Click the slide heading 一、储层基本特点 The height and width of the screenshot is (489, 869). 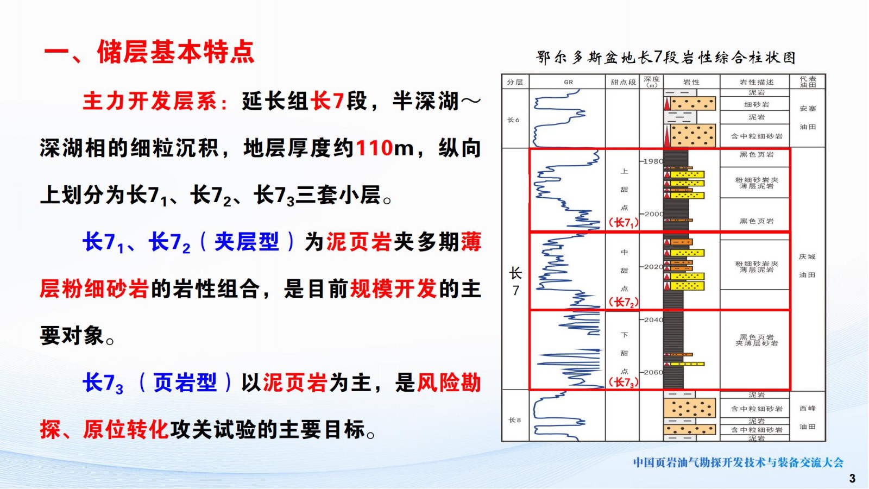tap(149, 51)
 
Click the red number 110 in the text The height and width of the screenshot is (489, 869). tap(374, 148)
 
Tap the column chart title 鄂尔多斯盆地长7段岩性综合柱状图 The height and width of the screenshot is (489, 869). tap(666, 58)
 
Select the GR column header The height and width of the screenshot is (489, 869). tap(568, 82)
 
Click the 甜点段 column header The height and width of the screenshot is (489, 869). tap(623, 82)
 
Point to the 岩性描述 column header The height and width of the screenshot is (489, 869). tap(756, 82)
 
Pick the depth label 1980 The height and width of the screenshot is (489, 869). tap(653, 161)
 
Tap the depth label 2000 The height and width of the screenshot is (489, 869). tap(653, 214)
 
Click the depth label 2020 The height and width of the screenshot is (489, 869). tap(653, 267)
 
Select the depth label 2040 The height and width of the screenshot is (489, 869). tap(653, 320)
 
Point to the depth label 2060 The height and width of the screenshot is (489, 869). tap(653, 372)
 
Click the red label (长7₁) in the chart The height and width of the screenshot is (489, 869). tap(623, 223)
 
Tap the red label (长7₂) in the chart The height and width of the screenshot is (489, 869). tap(623, 302)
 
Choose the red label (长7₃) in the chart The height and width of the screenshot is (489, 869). tap(623, 383)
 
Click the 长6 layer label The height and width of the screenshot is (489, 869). tap(513, 120)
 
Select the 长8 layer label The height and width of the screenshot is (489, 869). tap(514, 420)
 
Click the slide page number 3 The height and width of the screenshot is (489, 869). tap(852, 478)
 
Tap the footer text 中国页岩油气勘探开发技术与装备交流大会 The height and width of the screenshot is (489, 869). tap(738, 462)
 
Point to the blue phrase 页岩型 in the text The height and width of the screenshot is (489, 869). tap(185, 383)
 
